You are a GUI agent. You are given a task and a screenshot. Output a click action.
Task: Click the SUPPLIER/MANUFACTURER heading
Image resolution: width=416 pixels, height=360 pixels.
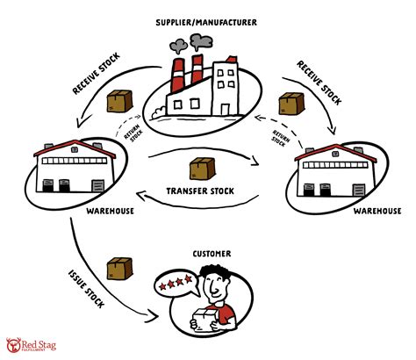click(x=207, y=20)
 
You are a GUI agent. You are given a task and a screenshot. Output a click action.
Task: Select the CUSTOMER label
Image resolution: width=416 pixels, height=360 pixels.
click(x=212, y=254)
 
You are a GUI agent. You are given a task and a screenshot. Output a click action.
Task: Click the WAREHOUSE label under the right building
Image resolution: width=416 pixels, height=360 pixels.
click(x=377, y=211)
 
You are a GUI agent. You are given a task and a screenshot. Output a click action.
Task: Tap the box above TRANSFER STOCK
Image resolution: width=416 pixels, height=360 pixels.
click(x=201, y=166)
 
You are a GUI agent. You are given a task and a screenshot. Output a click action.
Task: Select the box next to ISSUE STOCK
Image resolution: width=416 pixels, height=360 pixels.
click(x=117, y=267)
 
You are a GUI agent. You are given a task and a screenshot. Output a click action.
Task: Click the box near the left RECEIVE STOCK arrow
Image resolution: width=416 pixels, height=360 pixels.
click(x=118, y=101)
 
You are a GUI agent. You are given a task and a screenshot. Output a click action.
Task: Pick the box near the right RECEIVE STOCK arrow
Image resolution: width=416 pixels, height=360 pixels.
click(x=290, y=104)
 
